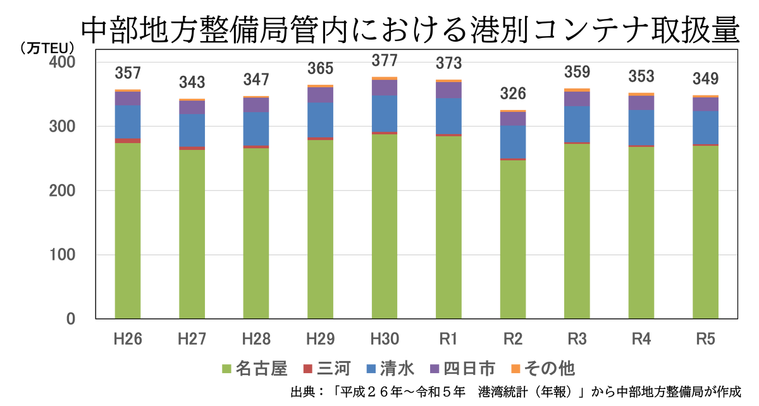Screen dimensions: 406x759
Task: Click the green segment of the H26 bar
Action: [127, 230]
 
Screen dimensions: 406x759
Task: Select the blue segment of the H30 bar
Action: [385, 114]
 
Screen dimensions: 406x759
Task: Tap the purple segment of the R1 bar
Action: [449, 90]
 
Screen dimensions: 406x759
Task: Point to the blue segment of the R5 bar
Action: [706, 128]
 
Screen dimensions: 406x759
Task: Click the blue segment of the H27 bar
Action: [192, 130]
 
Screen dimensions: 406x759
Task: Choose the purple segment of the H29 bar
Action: [320, 94]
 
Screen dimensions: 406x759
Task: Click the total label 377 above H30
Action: [385, 61]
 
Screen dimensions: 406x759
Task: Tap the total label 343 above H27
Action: [192, 82]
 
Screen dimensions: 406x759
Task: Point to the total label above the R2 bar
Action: [513, 95]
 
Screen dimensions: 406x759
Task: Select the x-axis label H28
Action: [256, 340]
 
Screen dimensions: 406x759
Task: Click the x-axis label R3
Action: [577, 340]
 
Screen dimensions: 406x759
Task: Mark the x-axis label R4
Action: [641, 340]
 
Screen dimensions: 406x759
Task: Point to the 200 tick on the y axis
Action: [63, 191]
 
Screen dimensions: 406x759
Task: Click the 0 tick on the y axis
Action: [70, 319]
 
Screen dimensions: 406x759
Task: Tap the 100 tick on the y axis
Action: [63, 255]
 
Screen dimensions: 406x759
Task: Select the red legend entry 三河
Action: [326, 370]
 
